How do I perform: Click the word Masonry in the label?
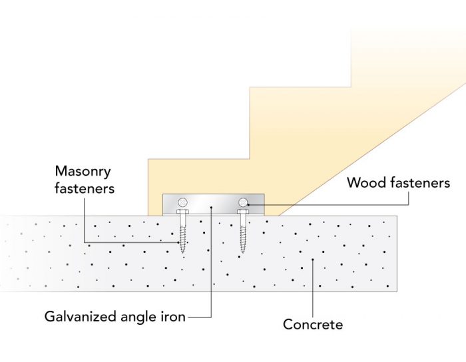(84, 171)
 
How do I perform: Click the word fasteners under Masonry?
(84, 188)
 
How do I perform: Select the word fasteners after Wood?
(417, 183)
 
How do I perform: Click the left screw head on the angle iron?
(182, 202)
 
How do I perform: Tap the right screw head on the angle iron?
(243, 202)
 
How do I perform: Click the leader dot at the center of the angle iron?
(212, 208)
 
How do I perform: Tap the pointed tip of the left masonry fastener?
(182, 252)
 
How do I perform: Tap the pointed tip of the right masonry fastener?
(243, 252)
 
